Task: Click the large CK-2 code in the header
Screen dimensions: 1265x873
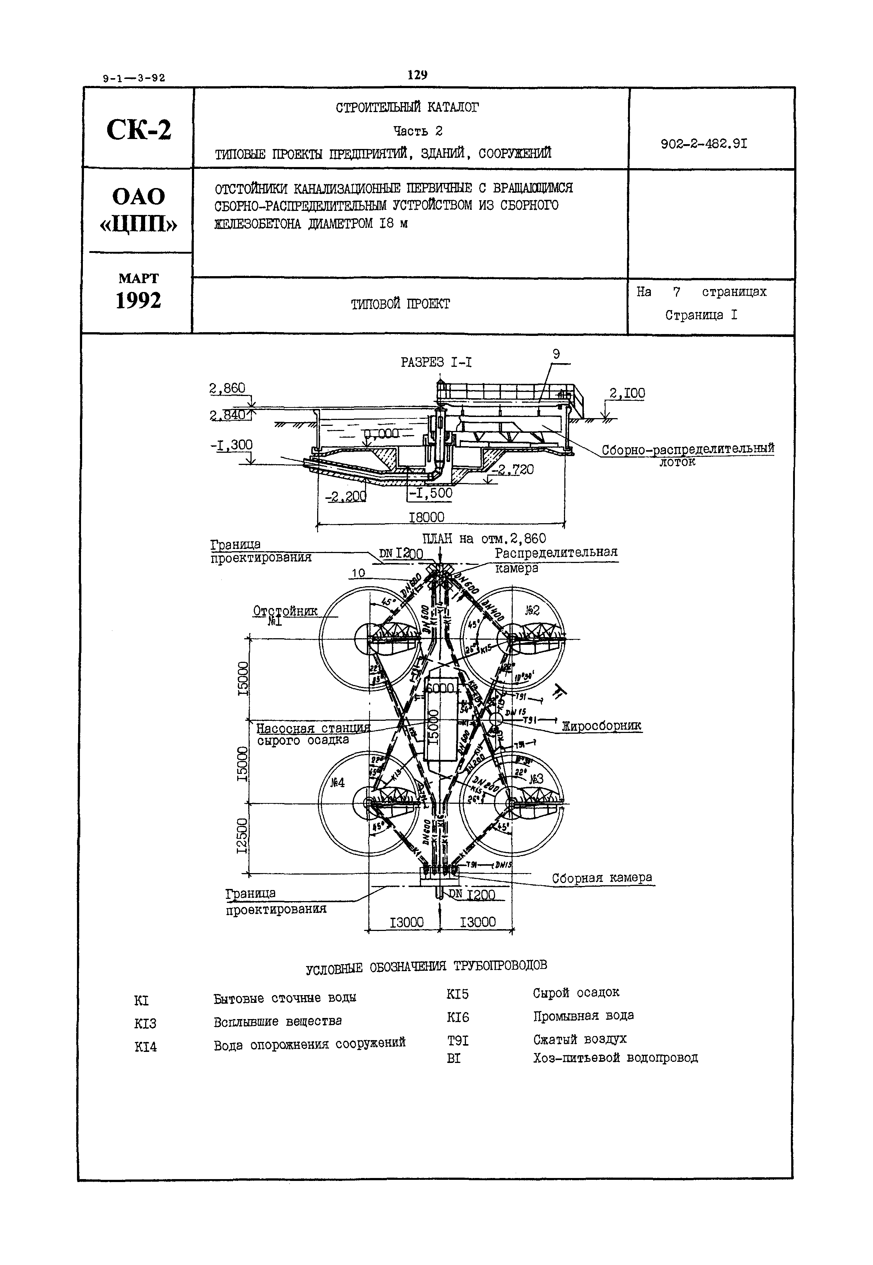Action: (x=139, y=130)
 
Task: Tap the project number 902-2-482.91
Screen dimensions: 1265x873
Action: (x=704, y=144)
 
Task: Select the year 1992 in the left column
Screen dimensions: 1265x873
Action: (x=139, y=300)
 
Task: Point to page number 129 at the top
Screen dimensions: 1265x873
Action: (x=417, y=75)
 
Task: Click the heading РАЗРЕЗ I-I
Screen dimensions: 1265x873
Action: (x=436, y=362)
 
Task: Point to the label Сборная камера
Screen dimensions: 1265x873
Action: (x=602, y=877)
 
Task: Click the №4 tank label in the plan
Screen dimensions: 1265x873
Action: (x=337, y=783)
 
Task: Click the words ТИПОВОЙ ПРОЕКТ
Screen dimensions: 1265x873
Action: (x=400, y=304)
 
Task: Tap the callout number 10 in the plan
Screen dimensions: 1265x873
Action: (x=358, y=573)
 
